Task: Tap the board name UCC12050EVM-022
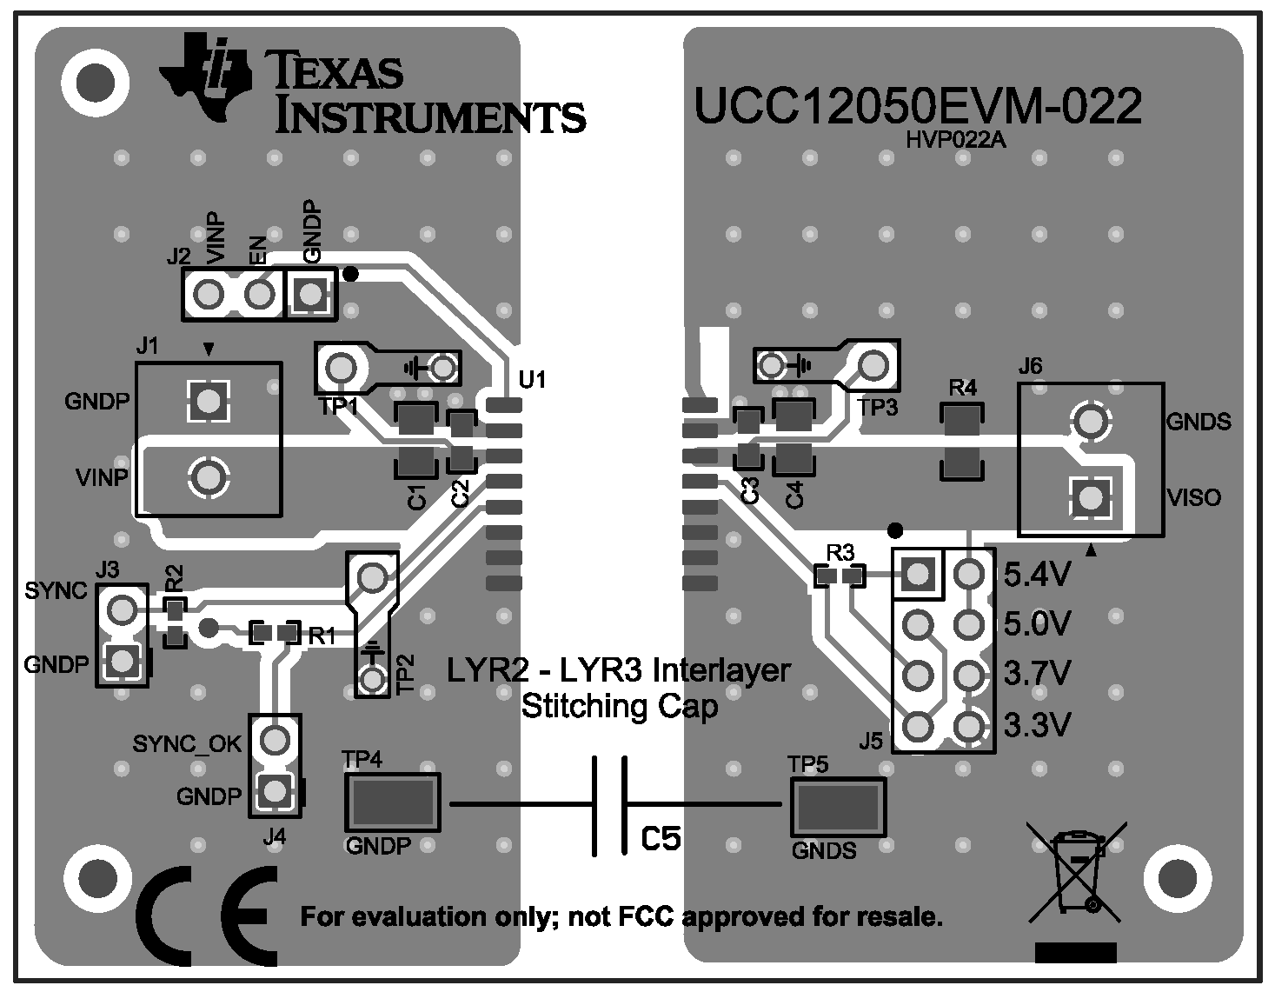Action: click(x=916, y=107)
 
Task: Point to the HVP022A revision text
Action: click(x=955, y=140)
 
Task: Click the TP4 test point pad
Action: click(x=392, y=802)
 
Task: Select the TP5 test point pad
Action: click(x=838, y=805)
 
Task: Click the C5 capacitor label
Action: click(x=661, y=838)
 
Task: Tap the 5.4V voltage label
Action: click(x=1037, y=575)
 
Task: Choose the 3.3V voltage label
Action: click(x=1037, y=724)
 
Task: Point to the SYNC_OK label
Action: click(x=187, y=743)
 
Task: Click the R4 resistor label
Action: click(x=962, y=388)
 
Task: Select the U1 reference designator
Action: click(x=531, y=379)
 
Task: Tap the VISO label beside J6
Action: click(x=1193, y=498)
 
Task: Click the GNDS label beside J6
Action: click(x=1199, y=423)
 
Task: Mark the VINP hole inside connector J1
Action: click(x=208, y=476)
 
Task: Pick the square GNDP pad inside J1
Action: click(x=208, y=401)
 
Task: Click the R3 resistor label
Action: click(x=840, y=552)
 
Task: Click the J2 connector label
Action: click(x=178, y=257)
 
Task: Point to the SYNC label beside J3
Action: click(x=56, y=591)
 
